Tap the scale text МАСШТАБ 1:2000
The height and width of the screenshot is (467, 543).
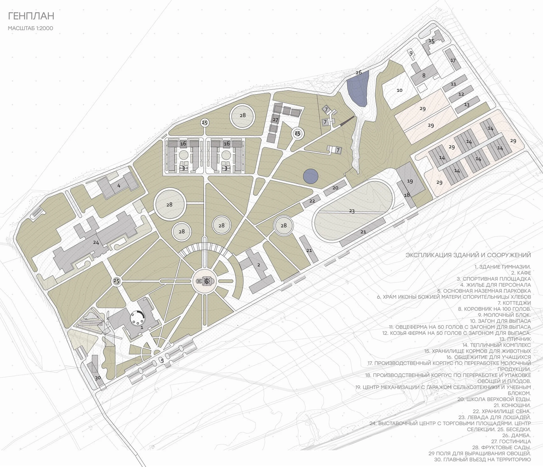click(30, 28)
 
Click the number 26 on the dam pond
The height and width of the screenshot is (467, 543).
click(358, 72)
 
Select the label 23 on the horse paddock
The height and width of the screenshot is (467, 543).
click(352, 211)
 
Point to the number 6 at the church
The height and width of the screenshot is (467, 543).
click(207, 281)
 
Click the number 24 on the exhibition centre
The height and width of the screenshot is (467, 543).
click(96, 243)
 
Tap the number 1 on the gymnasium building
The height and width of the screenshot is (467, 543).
click(142, 328)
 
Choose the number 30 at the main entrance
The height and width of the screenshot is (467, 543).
click(98, 378)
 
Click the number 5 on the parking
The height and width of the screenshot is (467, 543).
click(162, 361)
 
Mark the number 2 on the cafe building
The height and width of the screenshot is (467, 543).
click(259, 265)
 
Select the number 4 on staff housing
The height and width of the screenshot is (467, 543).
click(119, 186)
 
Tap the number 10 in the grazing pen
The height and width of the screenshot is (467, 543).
click(399, 90)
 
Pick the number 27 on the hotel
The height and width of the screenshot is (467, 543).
click(275, 120)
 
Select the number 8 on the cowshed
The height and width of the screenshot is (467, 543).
click(424, 76)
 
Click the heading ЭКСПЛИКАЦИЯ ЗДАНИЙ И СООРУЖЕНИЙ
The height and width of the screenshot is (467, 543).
click(468, 255)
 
